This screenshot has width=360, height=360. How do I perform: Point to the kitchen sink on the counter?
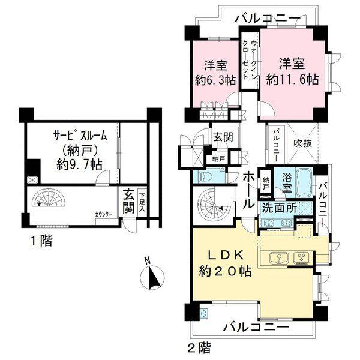tap(278, 259)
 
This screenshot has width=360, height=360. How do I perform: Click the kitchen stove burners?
tap(301, 259)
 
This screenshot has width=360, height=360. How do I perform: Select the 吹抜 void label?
tap(301, 144)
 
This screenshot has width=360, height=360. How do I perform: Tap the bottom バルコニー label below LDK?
tap(256, 327)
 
